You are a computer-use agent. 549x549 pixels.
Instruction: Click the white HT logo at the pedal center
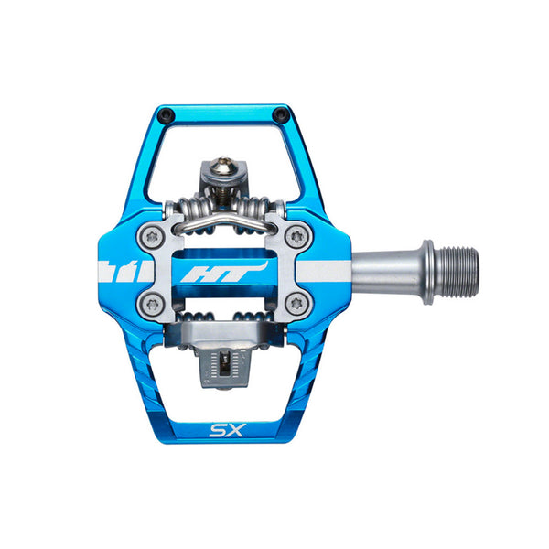coord(224,272)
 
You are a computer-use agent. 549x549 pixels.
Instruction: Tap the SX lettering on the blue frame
coord(227,430)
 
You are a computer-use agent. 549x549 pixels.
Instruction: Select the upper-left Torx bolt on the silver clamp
coord(152,237)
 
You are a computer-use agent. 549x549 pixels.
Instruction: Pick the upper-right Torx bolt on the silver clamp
coord(297,237)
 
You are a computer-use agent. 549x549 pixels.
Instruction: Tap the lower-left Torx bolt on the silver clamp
coord(152,305)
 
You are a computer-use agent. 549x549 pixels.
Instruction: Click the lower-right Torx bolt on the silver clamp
coord(297,305)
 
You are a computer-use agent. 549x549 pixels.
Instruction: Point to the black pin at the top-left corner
coord(165,113)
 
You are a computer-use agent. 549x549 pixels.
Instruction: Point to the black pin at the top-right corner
coord(280,113)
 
